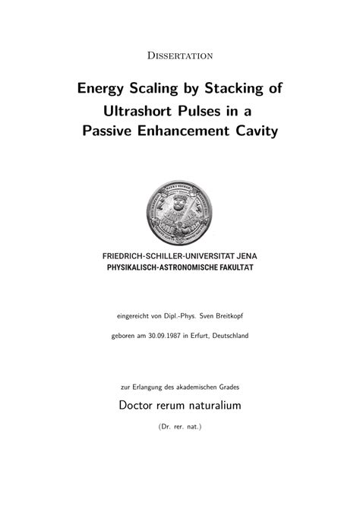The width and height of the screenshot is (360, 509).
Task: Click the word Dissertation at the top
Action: click(180, 55)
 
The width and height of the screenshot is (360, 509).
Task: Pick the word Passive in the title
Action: click(109, 131)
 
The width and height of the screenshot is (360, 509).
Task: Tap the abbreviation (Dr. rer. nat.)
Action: click(180, 427)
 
